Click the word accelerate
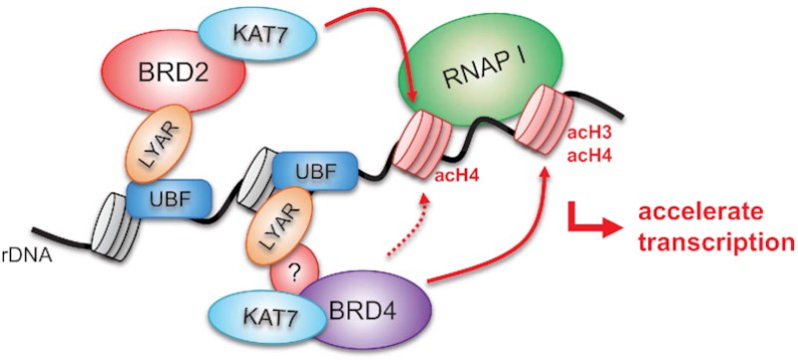tap(692, 213)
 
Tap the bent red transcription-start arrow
tap(589, 225)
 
